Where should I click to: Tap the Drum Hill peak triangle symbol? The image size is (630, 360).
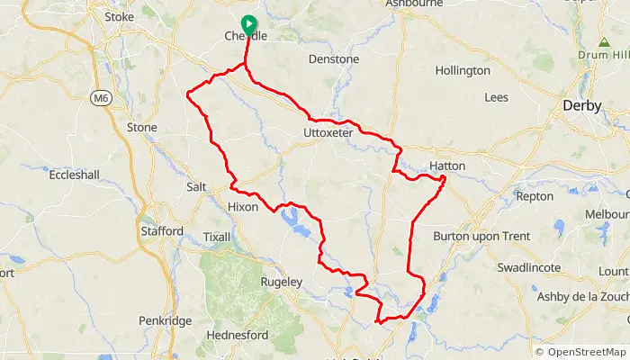click(603, 42)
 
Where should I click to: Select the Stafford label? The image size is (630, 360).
click(162, 231)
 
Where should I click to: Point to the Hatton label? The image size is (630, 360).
click(447, 166)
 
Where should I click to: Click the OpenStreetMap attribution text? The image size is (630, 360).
click(581, 351)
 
